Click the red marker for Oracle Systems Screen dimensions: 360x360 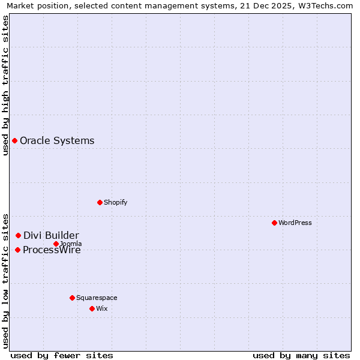click(x=14, y=140)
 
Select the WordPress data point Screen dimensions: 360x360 click(x=274, y=223)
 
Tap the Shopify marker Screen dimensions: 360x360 click(x=100, y=202)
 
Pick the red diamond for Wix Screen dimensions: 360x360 click(x=92, y=308)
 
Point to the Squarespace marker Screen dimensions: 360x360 click(x=72, y=298)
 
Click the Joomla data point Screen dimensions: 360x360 click(x=56, y=244)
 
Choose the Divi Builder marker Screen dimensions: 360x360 click(x=18, y=235)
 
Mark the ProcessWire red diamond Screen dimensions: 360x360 click(x=17, y=250)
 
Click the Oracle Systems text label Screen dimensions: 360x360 click(x=57, y=140)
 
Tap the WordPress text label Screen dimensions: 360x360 click(x=295, y=223)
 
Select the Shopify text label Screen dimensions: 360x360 click(x=115, y=202)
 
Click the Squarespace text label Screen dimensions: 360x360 click(x=97, y=298)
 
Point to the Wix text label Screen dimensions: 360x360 click(x=101, y=308)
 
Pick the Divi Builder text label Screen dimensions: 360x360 click(x=51, y=235)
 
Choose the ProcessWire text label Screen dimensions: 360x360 click(x=52, y=250)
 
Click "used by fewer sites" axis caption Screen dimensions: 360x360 click(x=62, y=355)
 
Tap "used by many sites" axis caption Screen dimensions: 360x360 click(x=301, y=355)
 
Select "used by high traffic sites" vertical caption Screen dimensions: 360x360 click(x=6, y=85)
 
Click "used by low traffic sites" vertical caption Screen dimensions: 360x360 click(x=6, y=280)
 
